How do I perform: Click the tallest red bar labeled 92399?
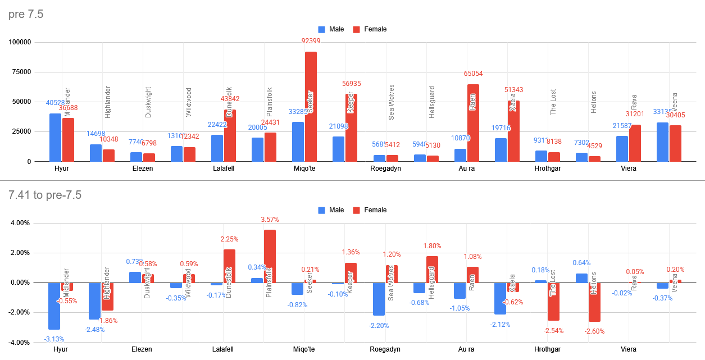pos(311,107)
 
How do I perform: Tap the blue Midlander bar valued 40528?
pos(55,138)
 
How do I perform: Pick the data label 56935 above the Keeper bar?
pos(351,84)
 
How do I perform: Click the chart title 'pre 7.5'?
pos(26,15)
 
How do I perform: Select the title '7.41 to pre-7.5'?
pos(45,195)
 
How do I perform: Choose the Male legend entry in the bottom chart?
pos(331,210)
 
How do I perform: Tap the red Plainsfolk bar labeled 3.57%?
pos(270,256)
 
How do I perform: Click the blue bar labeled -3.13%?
pos(54,306)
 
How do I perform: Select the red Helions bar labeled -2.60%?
pos(594,302)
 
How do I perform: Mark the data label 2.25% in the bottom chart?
pos(229,239)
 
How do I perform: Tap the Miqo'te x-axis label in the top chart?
pos(305,168)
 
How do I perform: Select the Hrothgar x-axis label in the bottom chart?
pos(548,349)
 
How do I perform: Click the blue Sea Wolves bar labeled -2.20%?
pos(379,299)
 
